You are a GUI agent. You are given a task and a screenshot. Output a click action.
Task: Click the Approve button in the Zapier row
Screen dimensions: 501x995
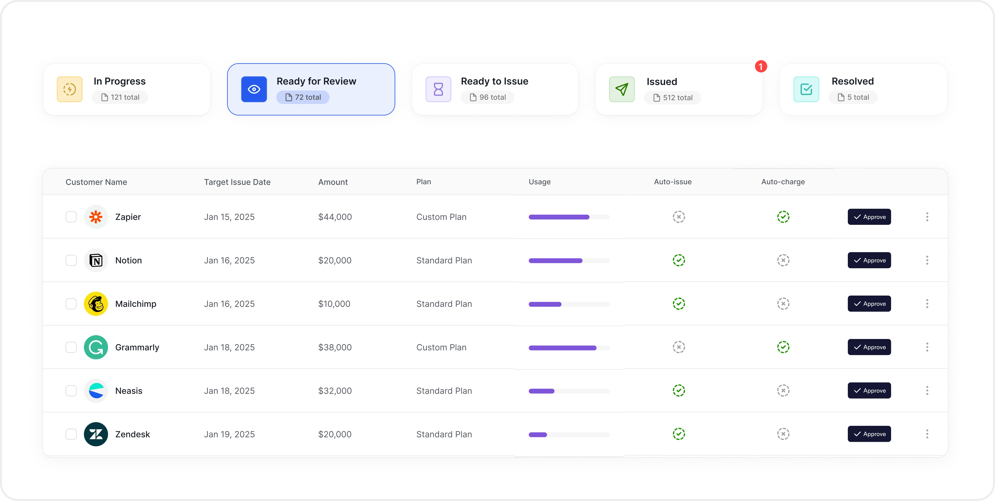tap(869, 217)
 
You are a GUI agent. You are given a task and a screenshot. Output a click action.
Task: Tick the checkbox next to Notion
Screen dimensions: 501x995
tap(71, 260)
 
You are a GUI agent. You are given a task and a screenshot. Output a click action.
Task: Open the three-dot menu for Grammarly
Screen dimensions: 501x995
tap(927, 347)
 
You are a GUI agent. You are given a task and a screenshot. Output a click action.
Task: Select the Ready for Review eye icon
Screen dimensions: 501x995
tap(254, 89)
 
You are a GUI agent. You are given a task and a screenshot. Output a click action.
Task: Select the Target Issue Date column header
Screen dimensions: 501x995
tap(237, 182)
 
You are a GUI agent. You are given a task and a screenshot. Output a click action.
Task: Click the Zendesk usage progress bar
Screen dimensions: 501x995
tap(569, 435)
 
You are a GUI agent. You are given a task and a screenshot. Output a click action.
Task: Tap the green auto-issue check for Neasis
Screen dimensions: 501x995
tap(679, 390)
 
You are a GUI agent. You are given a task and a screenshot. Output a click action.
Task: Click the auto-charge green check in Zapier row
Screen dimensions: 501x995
tap(783, 217)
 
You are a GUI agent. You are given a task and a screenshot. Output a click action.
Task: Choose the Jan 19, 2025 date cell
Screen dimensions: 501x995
tap(229, 434)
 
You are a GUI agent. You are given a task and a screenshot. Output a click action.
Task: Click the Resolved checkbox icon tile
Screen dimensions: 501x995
tap(806, 89)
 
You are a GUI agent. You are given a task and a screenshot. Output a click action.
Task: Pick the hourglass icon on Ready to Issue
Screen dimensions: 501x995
tap(438, 89)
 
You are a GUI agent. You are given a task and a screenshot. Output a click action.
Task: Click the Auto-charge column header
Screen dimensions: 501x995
tap(783, 182)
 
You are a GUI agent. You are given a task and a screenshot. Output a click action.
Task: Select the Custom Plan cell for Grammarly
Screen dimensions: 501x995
tap(441, 347)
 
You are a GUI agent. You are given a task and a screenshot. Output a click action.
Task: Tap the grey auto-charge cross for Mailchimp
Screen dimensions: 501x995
tap(783, 304)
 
